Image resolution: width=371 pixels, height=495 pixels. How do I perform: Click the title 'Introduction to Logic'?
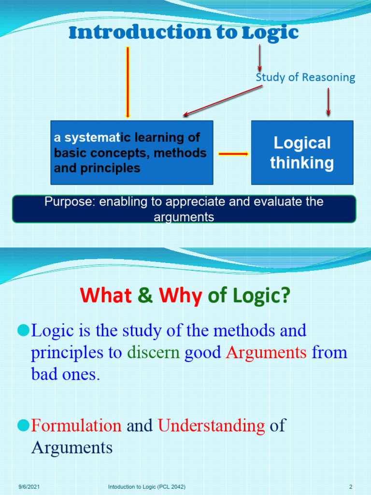pos(184,33)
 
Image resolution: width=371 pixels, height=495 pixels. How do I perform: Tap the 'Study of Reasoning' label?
pos(305,77)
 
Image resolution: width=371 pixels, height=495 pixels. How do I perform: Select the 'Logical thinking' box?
pos(302,152)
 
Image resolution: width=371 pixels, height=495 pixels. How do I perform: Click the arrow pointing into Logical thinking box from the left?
pos(233,154)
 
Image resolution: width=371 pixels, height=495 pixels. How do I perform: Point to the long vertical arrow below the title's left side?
pos(128,82)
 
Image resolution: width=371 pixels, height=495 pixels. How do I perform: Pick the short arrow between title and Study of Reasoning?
pos(260,58)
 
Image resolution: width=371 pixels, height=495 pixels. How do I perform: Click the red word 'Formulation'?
pos(76,425)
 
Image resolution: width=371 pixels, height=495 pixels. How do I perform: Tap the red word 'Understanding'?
pos(212,425)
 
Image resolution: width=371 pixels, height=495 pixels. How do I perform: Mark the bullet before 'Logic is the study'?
pos(23,331)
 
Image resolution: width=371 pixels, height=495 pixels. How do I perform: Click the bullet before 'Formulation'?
pos(23,425)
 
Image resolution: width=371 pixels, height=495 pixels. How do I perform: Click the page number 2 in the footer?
pos(351,486)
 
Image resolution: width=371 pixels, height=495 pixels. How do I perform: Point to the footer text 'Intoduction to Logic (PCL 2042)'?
pos(147,486)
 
